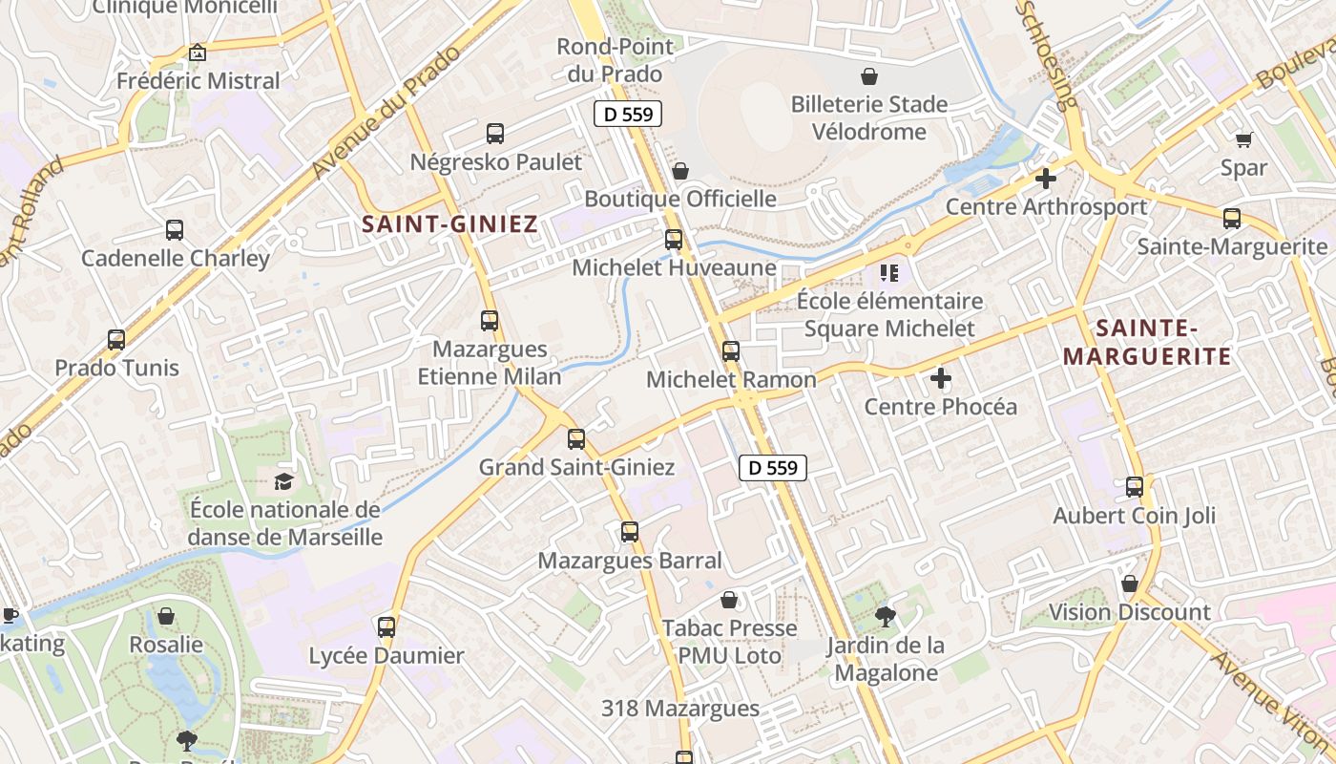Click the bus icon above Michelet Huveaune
click(x=674, y=240)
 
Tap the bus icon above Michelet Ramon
click(x=731, y=350)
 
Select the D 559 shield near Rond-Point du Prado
click(x=628, y=115)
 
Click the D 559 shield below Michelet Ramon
click(x=773, y=468)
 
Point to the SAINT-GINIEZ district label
click(x=450, y=225)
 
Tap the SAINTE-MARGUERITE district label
click(x=1147, y=343)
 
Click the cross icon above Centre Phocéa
click(x=941, y=378)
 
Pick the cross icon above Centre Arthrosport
click(x=1046, y=179)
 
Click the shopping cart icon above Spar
click(x=1243, y=140)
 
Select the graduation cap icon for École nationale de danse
click(x=283, y=480)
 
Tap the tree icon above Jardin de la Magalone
click(x=886, y=616)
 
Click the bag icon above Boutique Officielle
click(x=680, y=171)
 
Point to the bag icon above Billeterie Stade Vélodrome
click(x=869, y=76)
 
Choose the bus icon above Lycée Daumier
click(x=386, y=627)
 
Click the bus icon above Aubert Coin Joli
click(x=1135, y=487)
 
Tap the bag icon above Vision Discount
click(x=1130, y=584)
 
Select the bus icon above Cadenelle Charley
click(x=175, y=230)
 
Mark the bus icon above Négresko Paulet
click(x=495, y=134)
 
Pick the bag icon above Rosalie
click(x=166, y=616)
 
